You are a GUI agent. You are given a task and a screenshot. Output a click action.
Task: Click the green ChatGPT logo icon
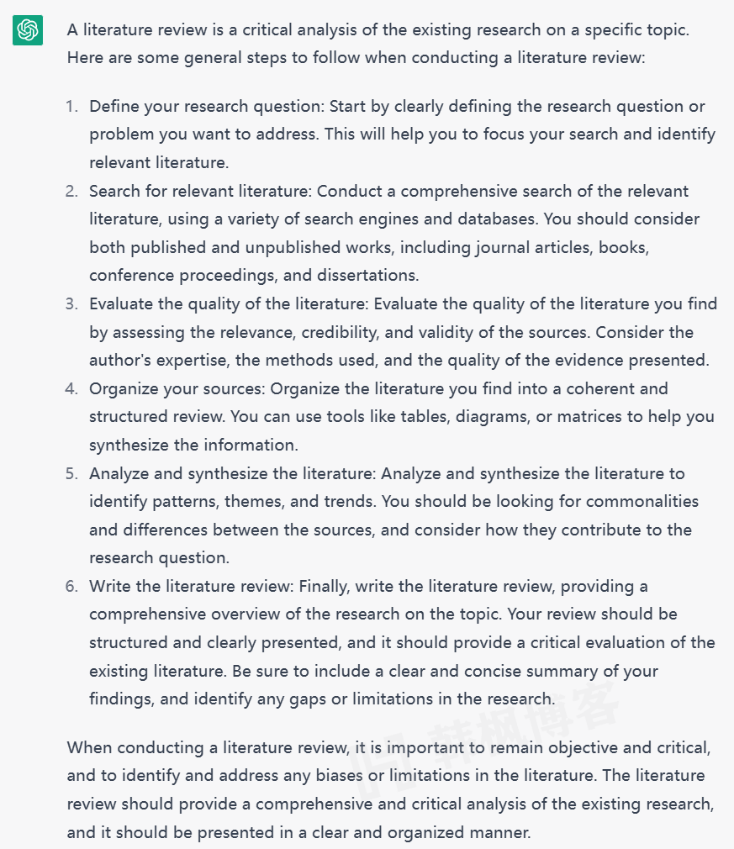coord(28,31)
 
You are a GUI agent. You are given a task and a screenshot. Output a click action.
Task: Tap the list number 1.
coord(71,107)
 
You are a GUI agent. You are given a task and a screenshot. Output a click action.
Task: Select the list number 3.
coord(71,304)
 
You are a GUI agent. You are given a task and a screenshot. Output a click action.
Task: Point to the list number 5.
coord(71,474)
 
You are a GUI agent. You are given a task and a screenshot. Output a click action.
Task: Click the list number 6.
coord(71,587)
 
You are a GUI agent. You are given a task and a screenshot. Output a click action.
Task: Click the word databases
coord(494,219)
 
